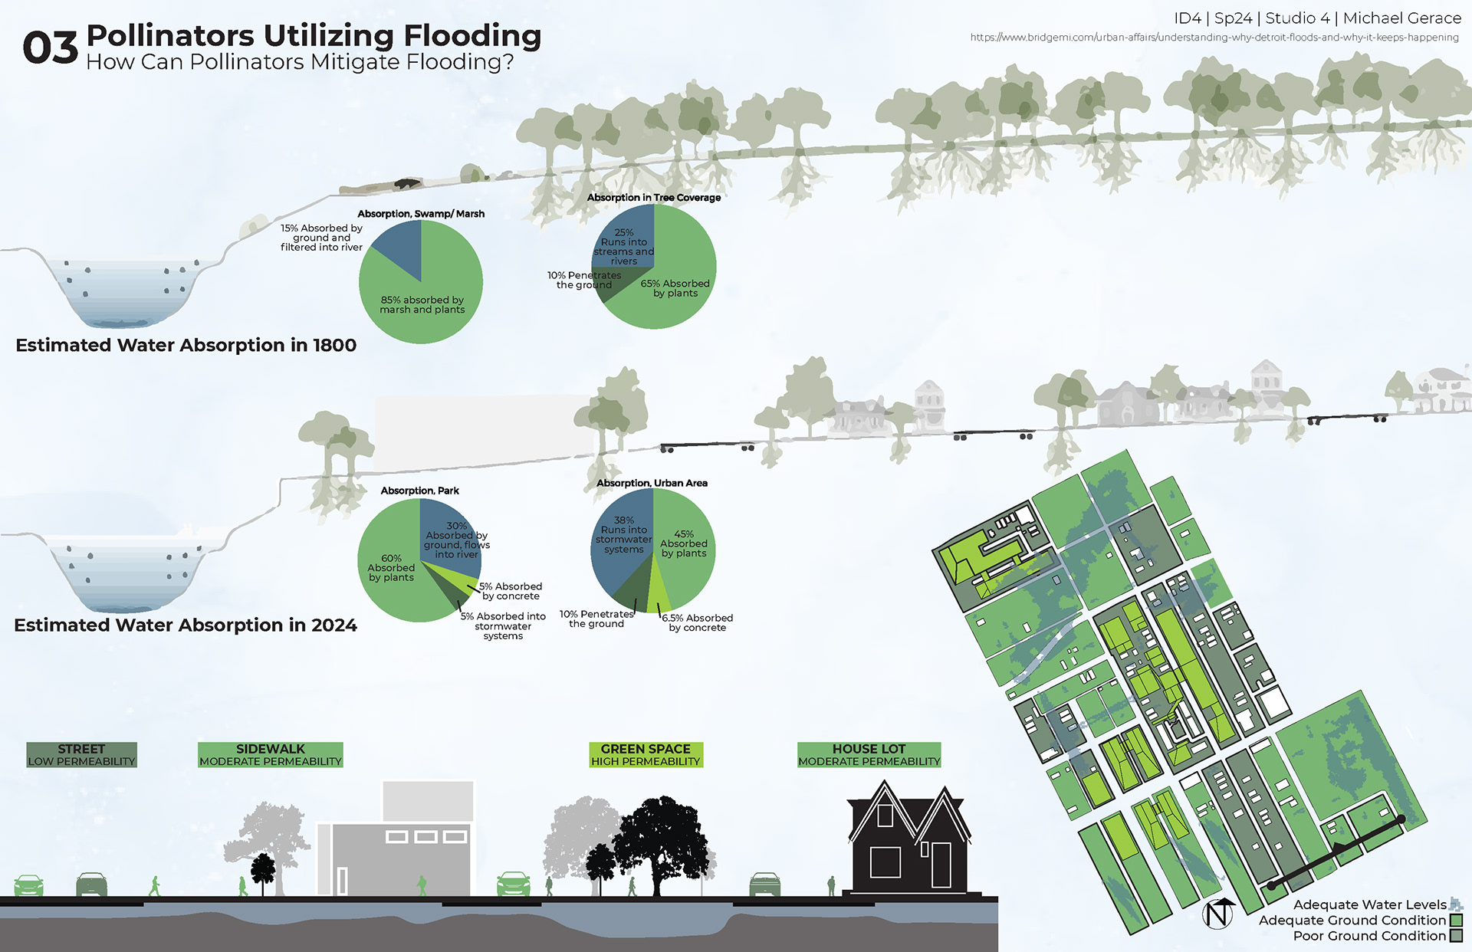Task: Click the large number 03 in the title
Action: click(x=51, y=48)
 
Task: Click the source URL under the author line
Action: click(x=1214, y=38)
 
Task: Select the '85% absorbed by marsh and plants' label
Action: click(x=422, y=305)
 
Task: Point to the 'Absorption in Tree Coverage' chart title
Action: click(x=653, y=198)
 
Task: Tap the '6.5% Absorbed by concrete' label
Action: click(x=697, y=622)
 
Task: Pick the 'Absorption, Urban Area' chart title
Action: click(x=652, y=483)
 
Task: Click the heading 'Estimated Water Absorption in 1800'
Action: click(x=186, y=346)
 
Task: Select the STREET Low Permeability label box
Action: click(x=81, y=755)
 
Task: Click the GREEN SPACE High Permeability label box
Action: click(x=646, y=755)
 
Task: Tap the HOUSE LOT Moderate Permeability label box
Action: click(x=869, y=755)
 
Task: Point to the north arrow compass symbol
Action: click(x=1217, y=914)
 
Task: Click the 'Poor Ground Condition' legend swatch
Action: click(x=1456, y=936)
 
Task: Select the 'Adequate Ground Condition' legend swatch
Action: click(x=1456, y=921)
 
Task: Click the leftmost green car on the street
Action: click(x=28, y=885)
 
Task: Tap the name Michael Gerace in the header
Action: click(x=1402, y=18)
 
